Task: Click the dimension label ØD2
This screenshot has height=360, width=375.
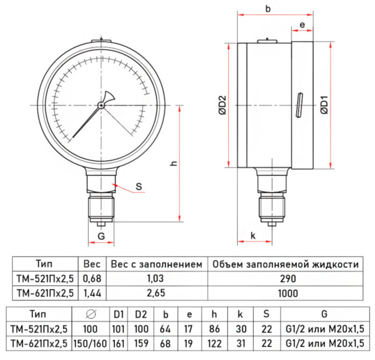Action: coord(222,104)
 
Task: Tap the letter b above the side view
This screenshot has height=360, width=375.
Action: coord(268,9)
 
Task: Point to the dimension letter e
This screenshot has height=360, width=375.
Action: coord(302,25)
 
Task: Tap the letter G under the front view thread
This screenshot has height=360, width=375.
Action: coord(101,235)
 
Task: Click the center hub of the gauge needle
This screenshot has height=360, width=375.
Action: coord(101,105)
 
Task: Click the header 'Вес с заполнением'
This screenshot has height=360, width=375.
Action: coord(156,265)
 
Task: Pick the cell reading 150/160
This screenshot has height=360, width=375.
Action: coord(91,343)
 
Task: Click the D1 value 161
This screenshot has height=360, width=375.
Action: coord(118,343)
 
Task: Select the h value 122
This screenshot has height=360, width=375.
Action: coord(215,343)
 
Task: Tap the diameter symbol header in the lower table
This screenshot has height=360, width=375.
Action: coord(91,314)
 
